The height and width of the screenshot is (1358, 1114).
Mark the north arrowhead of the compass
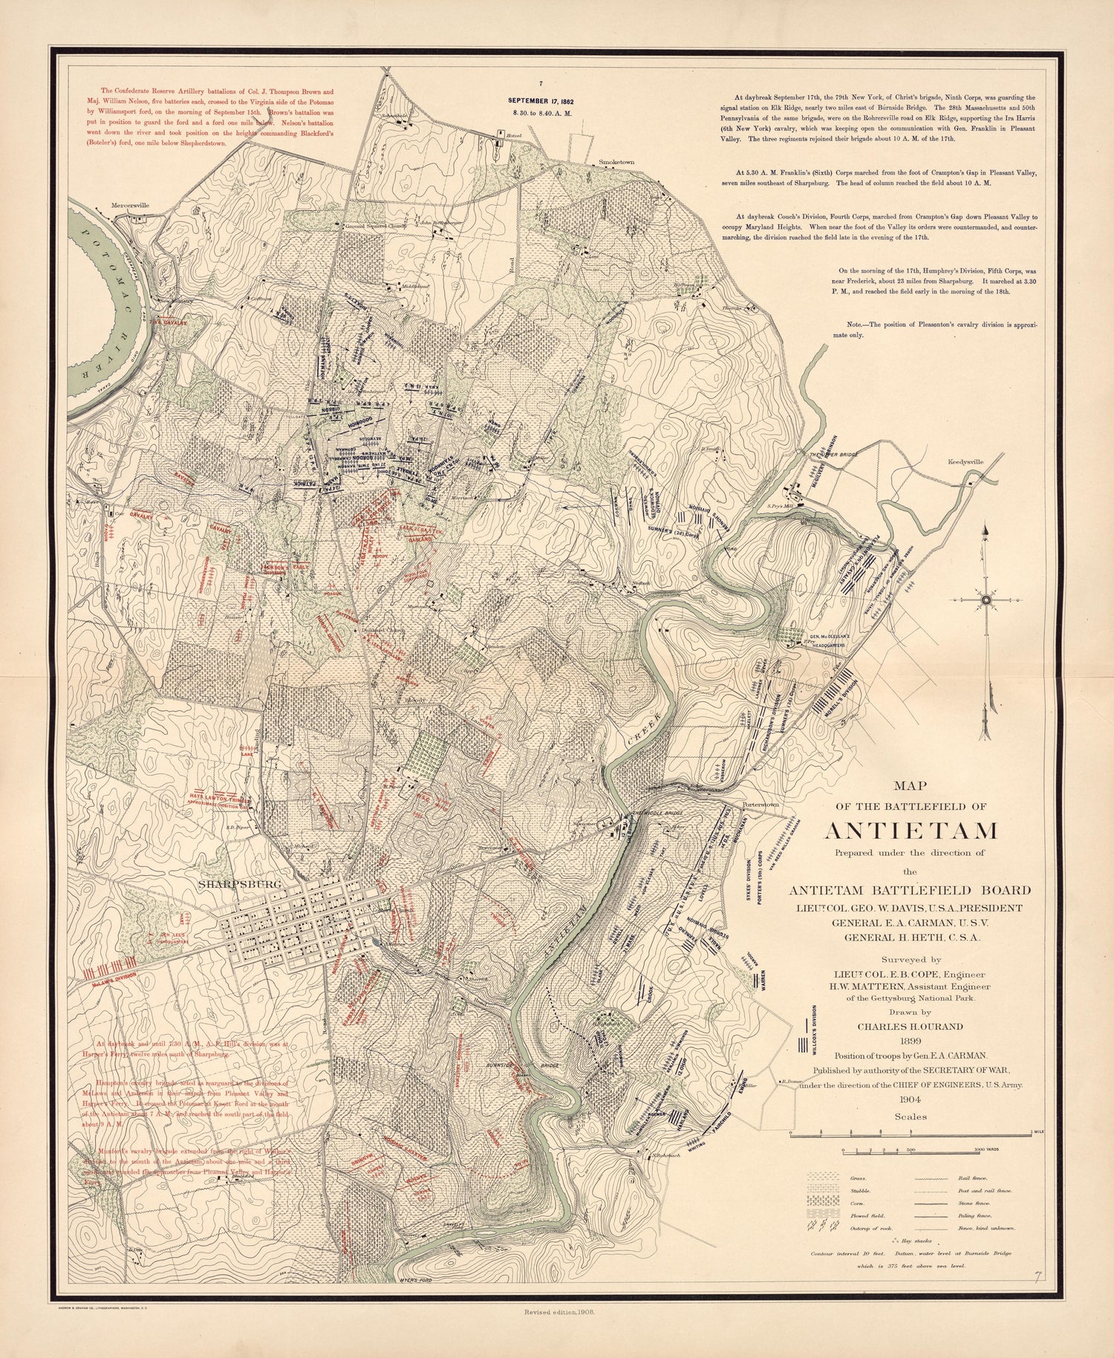pos(986,530)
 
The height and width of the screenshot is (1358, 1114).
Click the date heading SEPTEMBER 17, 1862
pos(541,100)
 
